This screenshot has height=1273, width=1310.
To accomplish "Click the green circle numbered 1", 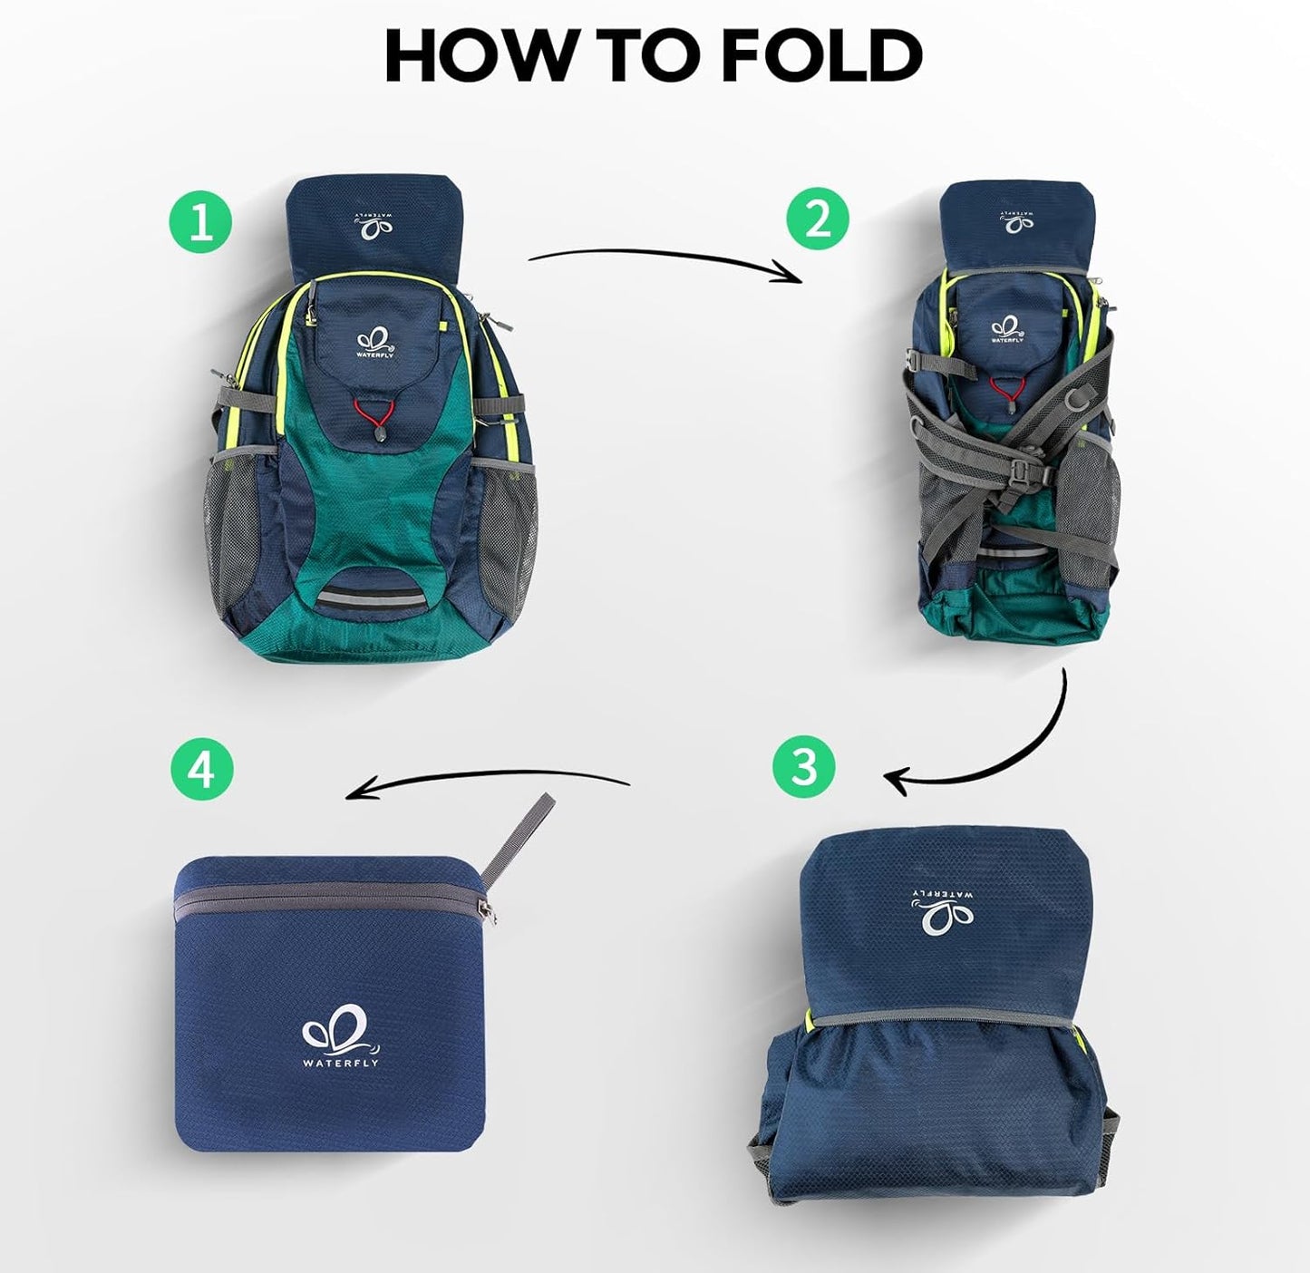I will point(200,221).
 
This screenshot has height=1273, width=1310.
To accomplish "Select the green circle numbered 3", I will point(804,766).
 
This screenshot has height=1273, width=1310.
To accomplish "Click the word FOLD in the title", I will point(822,55).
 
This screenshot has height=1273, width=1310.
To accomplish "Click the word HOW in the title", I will point(479,55).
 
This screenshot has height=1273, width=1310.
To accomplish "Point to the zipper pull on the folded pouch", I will point(491,910).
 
